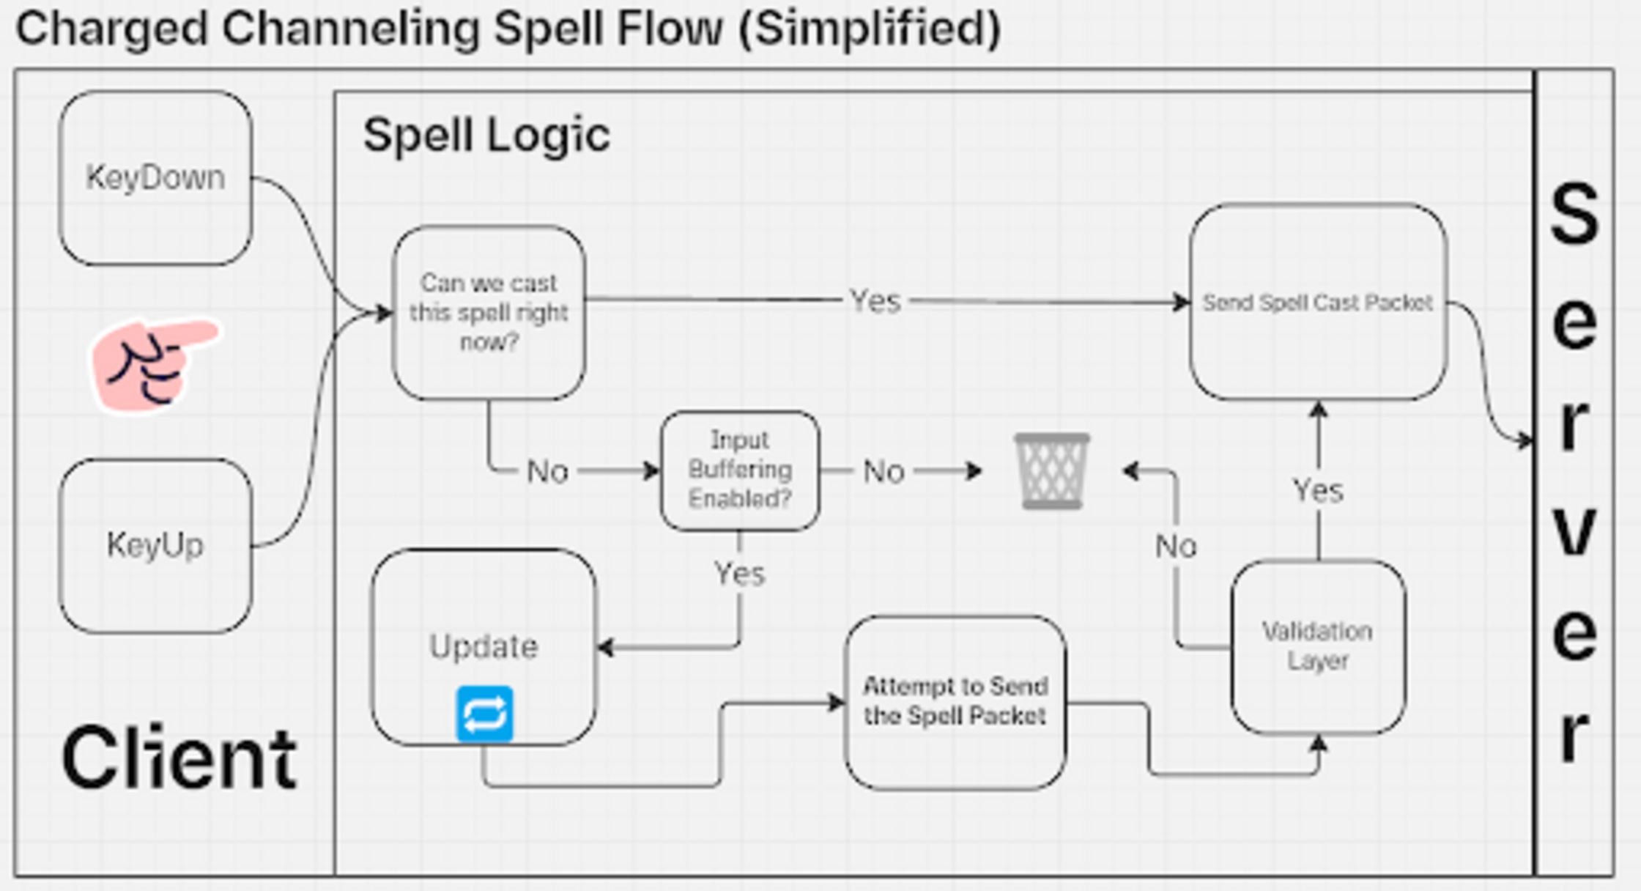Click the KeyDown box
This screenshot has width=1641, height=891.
(155, 178)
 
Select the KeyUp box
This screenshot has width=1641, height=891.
(155, 546)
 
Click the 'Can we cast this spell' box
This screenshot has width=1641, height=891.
(489, 313)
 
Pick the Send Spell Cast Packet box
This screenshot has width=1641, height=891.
(1317, 303)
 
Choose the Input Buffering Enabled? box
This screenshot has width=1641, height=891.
(740, 470)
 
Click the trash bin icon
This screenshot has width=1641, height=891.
(1052, 471)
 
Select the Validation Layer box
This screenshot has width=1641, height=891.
(1317, 646)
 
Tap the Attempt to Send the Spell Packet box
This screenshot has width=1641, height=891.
(955, 702)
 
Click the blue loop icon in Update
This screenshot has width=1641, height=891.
(484, 714)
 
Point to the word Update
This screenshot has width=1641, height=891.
(484, 646)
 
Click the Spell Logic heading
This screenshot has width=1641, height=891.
(486, 136)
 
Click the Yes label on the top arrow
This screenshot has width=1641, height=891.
(875, 301)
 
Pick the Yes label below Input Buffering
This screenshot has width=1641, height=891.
(739, 574)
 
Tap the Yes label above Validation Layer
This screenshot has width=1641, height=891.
(1318, 490)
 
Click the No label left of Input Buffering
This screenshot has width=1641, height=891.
(547, 472)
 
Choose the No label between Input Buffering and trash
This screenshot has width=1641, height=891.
(884, 472)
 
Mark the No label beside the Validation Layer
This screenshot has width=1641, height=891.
(1176, 547)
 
